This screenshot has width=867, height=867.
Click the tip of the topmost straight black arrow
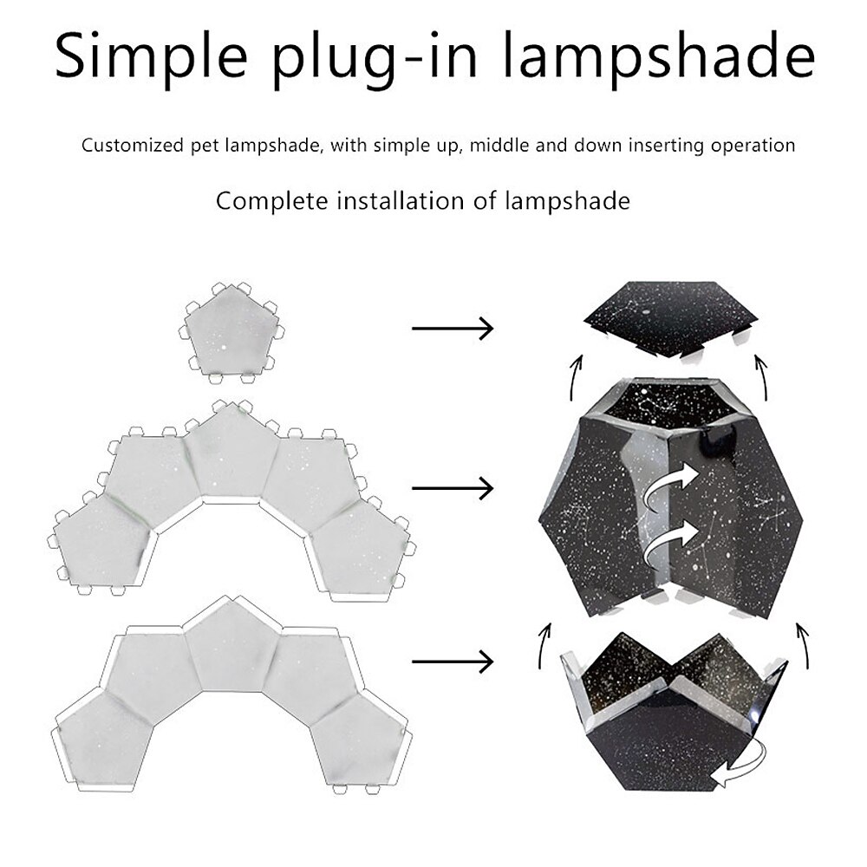tap(492, 329)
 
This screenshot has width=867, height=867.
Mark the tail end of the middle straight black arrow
tap(413, 488)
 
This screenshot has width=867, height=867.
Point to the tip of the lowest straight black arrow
tap(492, 662)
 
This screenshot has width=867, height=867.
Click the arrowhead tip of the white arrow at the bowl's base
tap(712, 779)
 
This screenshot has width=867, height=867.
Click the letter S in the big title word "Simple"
tap(73, 55)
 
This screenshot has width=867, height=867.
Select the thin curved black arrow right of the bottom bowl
tap(802, 647)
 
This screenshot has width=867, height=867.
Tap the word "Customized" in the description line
tap(132, 146)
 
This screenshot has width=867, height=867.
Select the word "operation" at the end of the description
tap(753, 146)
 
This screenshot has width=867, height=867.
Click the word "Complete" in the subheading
tap(271, 201)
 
